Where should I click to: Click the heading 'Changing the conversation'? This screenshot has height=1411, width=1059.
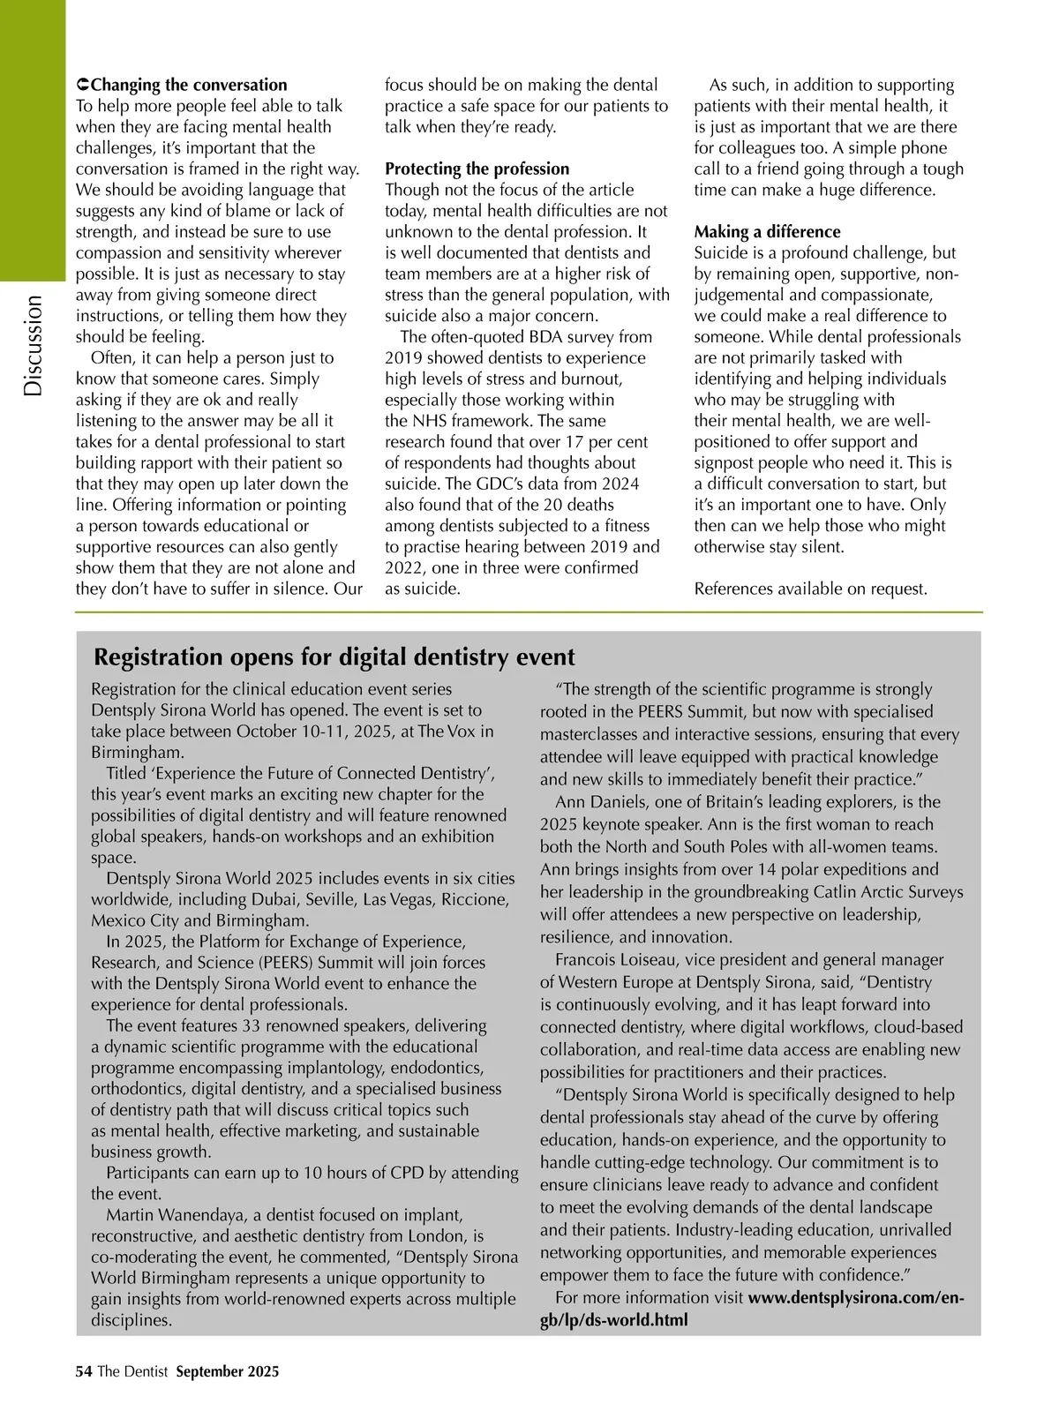[189, 85]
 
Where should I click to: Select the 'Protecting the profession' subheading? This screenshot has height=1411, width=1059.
[477, 169]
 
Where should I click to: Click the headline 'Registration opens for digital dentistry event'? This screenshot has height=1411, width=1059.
[334, 657]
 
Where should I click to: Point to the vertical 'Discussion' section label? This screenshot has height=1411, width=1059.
[34, 345]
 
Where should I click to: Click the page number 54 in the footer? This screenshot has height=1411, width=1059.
[84, 1371]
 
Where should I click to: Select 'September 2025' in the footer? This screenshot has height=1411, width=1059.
[228, 1371]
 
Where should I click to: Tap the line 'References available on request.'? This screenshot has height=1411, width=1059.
[810, 589]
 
